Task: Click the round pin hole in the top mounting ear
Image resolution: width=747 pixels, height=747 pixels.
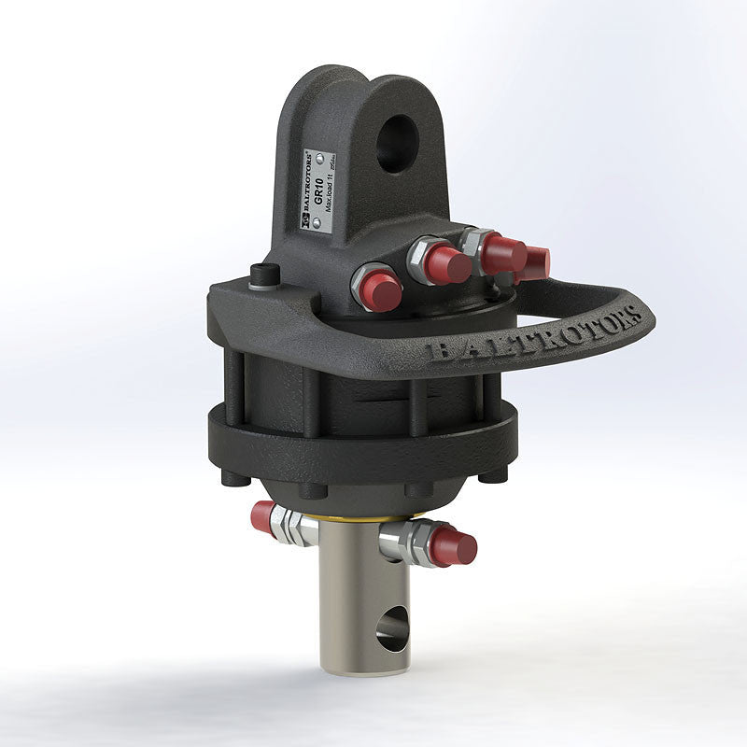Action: point(395,141)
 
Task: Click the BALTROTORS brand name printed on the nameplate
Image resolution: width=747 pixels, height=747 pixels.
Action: point(308,188)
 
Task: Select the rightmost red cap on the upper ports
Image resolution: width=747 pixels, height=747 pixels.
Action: point(532,262)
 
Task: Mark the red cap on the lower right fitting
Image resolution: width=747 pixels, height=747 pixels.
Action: point(454,546)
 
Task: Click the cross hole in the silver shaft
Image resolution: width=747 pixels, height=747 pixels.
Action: point(393,627)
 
